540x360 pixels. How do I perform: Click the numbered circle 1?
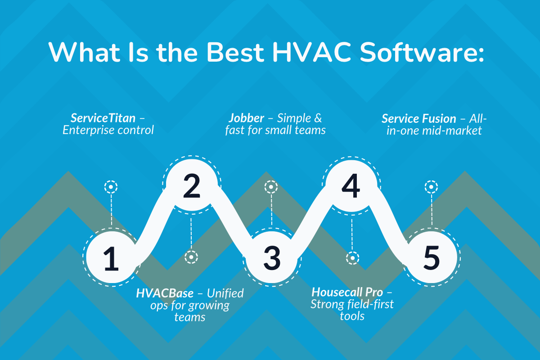click(111, 257)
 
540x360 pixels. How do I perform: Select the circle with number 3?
click(271, 257)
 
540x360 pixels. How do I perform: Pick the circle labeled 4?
click(351, 185)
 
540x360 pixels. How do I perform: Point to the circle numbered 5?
click(431, 257)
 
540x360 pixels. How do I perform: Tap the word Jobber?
click(246, 118)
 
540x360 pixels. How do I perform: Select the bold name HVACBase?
click(165, 293)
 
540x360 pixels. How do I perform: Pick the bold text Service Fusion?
click(418, 118)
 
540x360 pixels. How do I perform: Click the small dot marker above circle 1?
click(111, 186)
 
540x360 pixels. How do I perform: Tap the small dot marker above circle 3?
click(271, 186)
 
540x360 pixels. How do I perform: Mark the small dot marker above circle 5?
click(431, 186)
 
